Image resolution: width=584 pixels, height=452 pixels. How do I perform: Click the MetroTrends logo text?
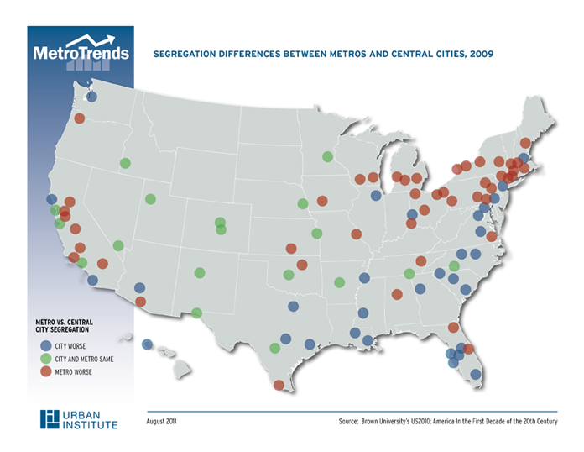81,52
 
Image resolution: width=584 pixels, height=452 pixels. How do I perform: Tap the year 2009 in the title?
481,53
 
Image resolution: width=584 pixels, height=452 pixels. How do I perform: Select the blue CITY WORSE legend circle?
45,344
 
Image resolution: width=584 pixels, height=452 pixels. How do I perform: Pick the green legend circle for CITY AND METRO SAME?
45,359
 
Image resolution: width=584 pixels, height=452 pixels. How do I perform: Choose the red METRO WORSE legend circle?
45,372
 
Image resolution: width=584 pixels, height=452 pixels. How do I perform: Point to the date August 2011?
161,420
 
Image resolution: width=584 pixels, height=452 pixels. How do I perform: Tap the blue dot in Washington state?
91,97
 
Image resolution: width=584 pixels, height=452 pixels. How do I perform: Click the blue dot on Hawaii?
147,344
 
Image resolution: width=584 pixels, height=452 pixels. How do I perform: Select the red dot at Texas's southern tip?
279,385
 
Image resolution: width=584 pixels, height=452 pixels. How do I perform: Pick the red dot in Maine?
525,143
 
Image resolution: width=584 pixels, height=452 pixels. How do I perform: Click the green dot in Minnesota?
327,156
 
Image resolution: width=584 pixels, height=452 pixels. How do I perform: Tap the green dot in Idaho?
125,163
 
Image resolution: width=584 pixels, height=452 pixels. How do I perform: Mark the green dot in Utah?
150,199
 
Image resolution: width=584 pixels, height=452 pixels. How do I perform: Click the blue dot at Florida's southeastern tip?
475,374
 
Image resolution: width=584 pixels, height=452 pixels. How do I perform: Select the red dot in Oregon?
80,118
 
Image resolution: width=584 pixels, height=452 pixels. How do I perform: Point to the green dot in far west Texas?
196,313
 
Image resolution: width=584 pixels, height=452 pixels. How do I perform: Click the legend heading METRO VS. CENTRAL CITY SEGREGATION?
64,325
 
